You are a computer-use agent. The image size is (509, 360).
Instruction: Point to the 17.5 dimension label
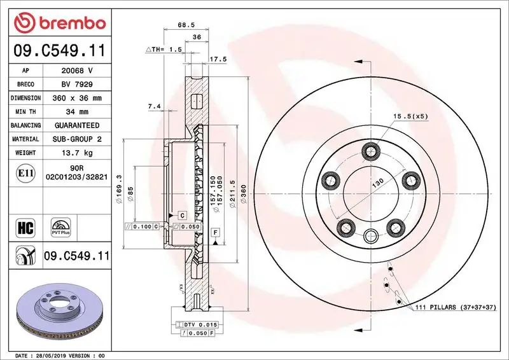coord(218,60)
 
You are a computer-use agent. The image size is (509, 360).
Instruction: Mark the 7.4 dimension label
coord(153,106)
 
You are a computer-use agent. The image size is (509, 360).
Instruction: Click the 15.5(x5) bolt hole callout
coord(409,116)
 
